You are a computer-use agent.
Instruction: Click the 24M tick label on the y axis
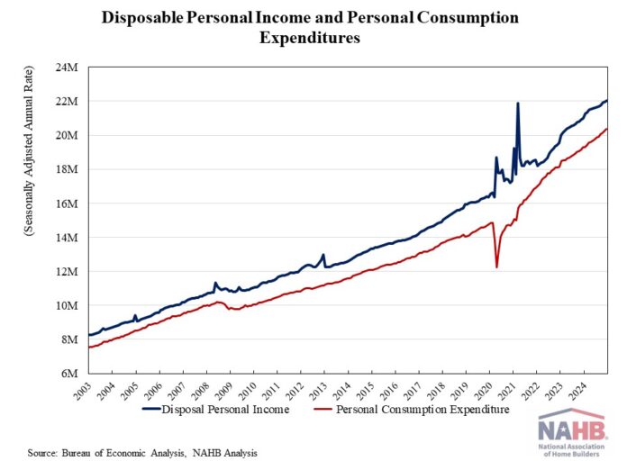(68, 68)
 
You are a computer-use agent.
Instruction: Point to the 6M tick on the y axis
(71, 373)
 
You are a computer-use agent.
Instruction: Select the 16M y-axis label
(68, 203)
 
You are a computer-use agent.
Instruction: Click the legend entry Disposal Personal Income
(225, 410)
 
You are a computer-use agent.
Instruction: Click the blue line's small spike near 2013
(323, 255)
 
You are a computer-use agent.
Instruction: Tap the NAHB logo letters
(570, 430)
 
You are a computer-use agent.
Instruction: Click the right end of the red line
(606, 129)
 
